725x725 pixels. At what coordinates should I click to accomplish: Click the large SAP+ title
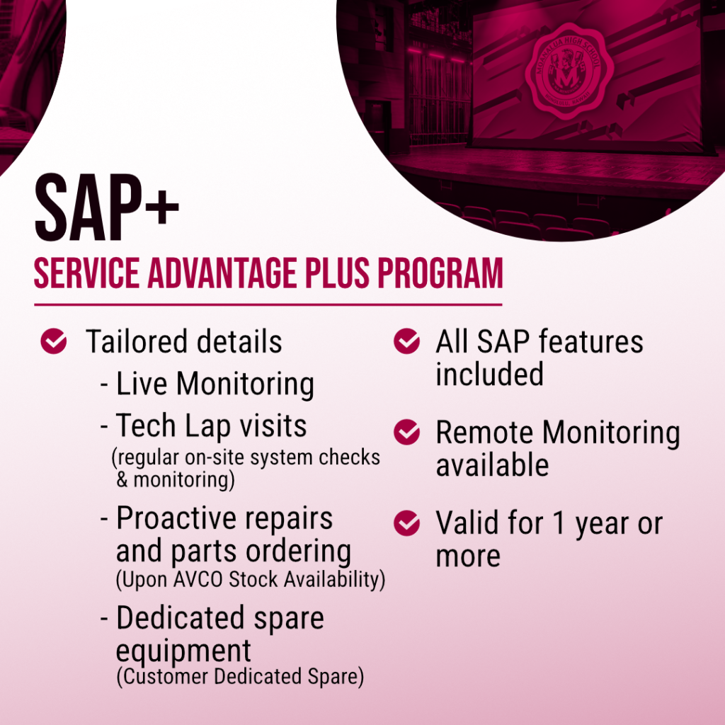point(107,207)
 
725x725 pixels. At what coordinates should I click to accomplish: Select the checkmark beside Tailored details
point(54,341)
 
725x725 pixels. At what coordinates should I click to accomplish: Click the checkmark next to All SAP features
point(407,341)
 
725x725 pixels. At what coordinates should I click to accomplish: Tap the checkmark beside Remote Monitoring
point(407,432)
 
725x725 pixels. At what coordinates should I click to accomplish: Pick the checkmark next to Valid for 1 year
point(407,523)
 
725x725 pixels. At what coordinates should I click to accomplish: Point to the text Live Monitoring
point(215,384)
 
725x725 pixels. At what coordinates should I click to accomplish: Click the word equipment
point(183,652)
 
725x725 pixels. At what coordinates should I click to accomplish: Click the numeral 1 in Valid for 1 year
point(559,523)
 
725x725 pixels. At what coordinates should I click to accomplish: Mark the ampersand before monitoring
point(122,479)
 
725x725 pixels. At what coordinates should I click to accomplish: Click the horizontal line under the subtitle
point(268,304)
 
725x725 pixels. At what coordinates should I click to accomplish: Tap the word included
point(490,374)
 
